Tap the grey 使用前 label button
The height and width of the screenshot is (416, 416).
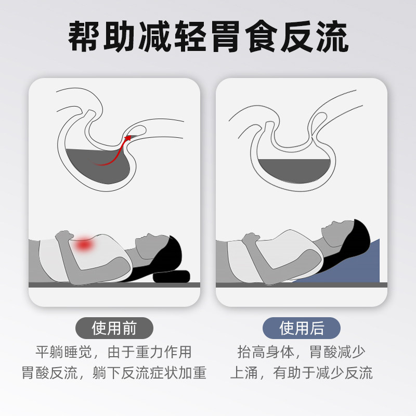click(x=114, y=329)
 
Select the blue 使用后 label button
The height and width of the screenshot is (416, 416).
click(x=302, y=329)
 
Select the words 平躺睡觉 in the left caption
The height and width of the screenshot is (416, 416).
click(x=63, y=352)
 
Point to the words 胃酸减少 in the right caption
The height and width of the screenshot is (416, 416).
click(x=338, y=352)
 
